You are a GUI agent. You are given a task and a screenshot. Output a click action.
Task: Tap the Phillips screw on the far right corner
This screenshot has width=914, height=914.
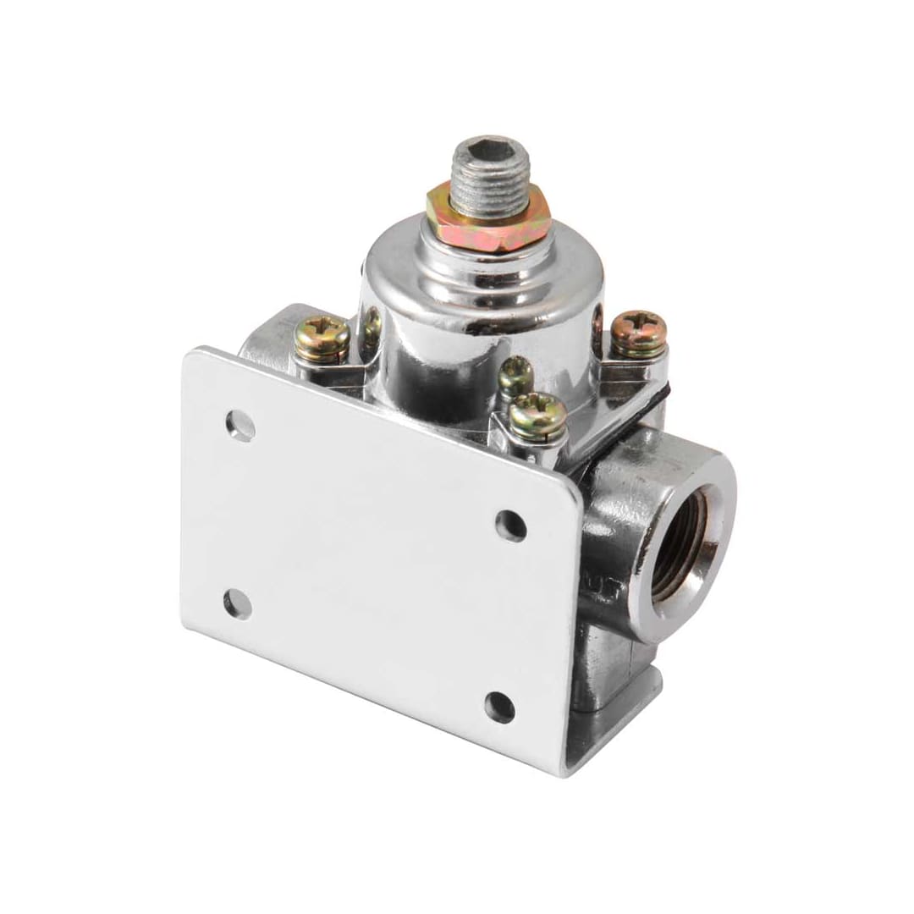(639, 333)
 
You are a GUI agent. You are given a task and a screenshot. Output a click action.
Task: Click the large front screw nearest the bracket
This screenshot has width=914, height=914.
(538, 416)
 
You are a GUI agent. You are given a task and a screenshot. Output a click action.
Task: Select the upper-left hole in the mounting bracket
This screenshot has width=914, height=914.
(240, 426)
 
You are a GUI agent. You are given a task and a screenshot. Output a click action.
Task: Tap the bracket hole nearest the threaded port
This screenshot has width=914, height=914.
(510, 526)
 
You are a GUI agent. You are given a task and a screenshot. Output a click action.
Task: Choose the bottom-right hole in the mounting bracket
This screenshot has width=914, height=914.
(499, 707)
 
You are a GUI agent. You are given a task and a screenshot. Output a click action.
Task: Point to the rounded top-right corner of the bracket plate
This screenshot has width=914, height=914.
(571, 499)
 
